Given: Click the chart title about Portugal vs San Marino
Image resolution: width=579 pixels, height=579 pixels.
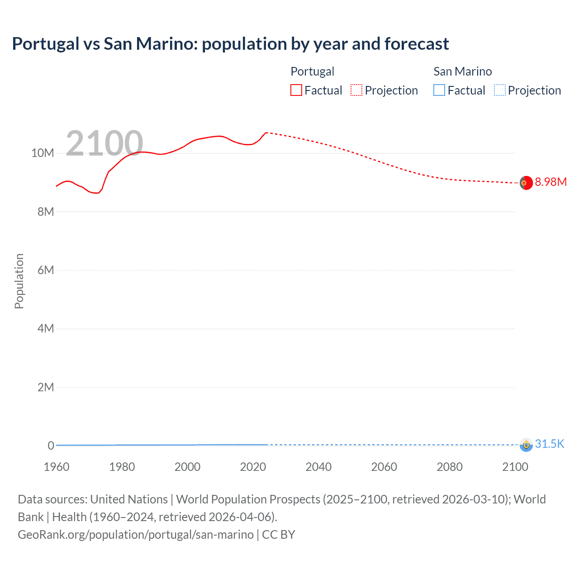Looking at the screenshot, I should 230,44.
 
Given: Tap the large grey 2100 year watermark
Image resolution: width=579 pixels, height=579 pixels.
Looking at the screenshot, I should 104,143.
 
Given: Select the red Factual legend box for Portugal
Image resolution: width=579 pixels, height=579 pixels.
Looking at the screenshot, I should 296,90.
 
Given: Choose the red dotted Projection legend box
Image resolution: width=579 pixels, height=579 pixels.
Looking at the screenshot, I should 356,90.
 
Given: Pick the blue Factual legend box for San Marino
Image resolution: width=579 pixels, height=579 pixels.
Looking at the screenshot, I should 439,90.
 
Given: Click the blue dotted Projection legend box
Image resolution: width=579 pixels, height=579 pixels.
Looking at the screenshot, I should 499,90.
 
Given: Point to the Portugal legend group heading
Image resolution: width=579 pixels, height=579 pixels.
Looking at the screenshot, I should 312,71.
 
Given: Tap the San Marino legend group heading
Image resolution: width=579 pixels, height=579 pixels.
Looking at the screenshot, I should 462,71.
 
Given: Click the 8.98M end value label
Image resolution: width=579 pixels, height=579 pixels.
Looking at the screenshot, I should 551,182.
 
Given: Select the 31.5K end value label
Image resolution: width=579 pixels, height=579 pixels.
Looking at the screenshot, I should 550,444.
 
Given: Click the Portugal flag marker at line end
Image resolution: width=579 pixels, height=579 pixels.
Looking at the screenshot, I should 526,183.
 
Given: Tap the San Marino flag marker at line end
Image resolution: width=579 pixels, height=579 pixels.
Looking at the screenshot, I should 526,445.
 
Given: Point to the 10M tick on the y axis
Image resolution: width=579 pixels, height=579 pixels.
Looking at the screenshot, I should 43,153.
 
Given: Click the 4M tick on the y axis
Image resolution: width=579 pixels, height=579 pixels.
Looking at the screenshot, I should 46,328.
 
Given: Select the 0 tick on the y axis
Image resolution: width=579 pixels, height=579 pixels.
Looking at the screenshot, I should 51,446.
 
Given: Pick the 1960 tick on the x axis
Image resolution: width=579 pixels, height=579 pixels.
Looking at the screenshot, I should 57,467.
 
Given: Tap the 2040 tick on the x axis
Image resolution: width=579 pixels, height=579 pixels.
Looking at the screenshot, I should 318,467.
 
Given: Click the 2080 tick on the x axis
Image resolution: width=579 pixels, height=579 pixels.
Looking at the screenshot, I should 450,467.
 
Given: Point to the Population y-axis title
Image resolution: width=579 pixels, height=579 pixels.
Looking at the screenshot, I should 19,281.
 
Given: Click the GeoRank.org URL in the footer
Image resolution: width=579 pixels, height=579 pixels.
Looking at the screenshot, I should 136,535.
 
